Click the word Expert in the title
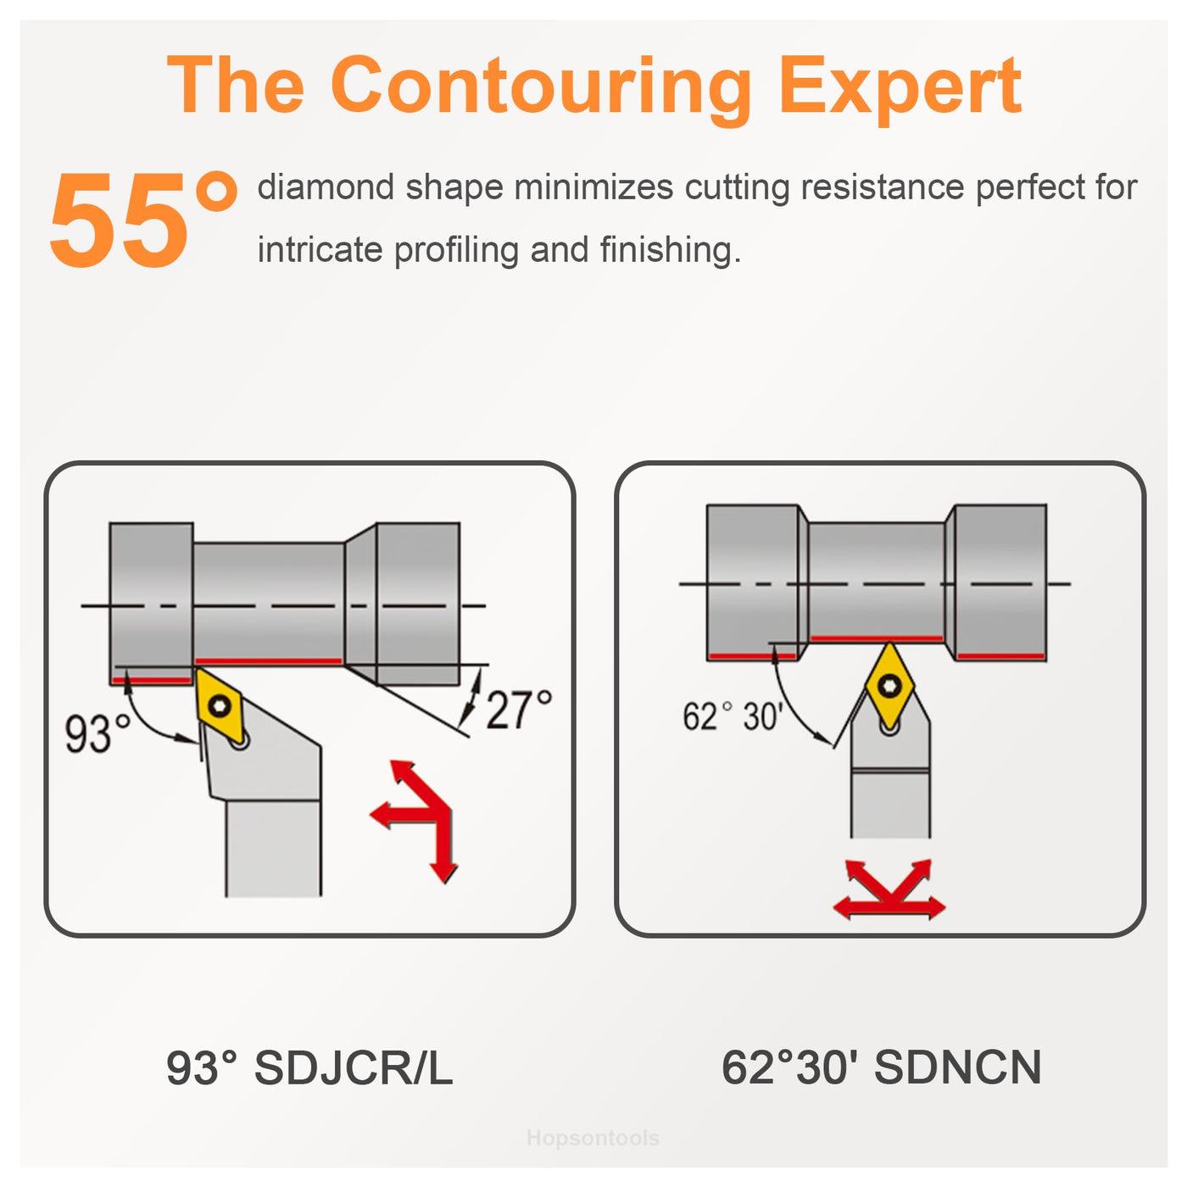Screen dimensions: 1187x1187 coord(899,88)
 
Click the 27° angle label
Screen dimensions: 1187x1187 coord(519,710)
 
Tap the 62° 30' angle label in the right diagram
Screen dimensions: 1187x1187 coord(733,716)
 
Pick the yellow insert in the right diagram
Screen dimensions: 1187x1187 coord(889,683)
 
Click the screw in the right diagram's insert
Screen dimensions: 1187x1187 coord(889,684)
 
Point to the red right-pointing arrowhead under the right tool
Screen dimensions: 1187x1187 coord(933,907)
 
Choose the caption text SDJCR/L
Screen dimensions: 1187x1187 coord(354,1067)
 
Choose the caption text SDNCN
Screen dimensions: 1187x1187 coord(958,1067)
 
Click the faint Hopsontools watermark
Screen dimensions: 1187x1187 coord(593,1138)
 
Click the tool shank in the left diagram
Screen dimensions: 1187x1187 coord(273,848)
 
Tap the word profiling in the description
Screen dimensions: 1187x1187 coord(456,250)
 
